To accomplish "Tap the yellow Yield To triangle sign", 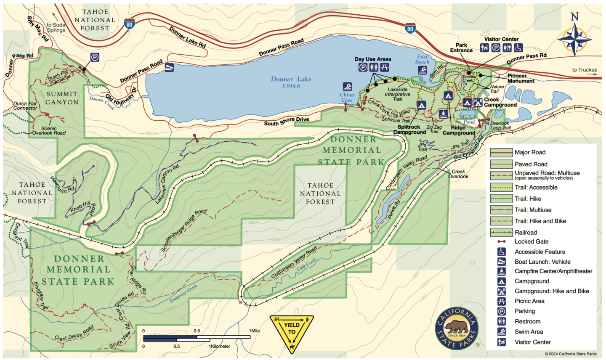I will pos(292,333).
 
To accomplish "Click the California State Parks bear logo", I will pos(457,328).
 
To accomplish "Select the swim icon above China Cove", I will pos(347,87).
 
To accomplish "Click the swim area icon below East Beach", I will pos(423,70).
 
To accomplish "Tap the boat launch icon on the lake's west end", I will pos(169,68).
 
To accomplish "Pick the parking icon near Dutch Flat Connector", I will pos(95,57).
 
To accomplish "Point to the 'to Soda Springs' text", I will pos(56,27).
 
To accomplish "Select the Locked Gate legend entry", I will pos(531,241).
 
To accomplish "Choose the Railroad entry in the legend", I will pos(526,232).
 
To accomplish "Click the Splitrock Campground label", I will pos(409,130).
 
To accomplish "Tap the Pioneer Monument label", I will pos(520,78).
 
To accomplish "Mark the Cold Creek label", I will pos(307,265).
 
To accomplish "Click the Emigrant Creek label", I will pos(183,294).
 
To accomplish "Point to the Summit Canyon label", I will pos(62,98).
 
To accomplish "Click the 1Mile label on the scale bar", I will pos(254,331).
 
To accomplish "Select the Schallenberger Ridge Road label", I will pos(184,230).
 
